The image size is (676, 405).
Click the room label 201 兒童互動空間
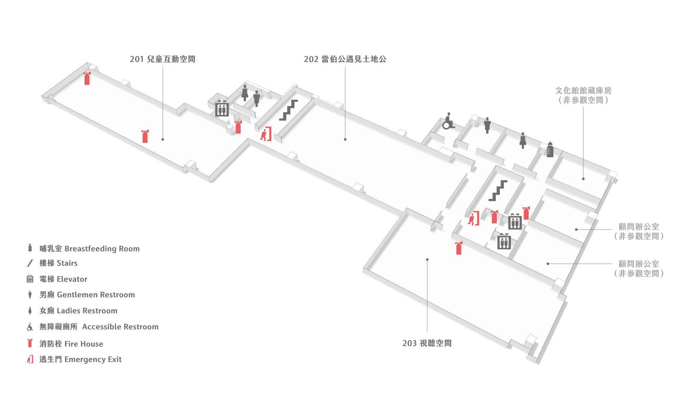[162, 59]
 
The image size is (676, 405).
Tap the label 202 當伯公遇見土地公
[345, 59]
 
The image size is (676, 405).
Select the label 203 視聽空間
[427, 343]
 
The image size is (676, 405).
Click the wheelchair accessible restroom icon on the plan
[448, 122]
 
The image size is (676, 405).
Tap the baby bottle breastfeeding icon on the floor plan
[550, 150]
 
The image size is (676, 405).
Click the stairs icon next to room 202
[288, 110]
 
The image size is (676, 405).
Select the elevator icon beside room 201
[222, 108]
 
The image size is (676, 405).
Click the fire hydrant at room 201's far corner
[87, 78]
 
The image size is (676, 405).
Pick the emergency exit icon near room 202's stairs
[266, 134]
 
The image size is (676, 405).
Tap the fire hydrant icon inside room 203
[459, 248]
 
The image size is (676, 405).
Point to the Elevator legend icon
[30, 279]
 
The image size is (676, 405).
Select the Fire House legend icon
[30, 343]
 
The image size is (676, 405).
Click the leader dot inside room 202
[345, 139]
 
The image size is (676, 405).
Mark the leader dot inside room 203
[427, 260]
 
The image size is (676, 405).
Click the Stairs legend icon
[30, 263]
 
